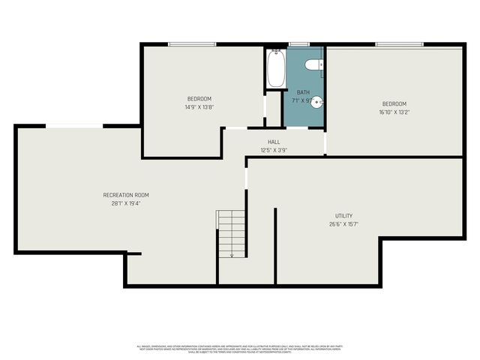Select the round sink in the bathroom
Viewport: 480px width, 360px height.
tap(317, 101)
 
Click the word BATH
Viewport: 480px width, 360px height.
tap(302, 92)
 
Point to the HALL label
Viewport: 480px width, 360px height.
tap(274, 142)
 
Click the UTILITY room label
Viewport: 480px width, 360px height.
tap(343, 216)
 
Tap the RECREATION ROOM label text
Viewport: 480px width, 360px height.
tap(121, 195)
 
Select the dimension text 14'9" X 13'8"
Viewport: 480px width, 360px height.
tap(199, 106)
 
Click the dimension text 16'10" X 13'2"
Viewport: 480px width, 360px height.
tap(394, 112)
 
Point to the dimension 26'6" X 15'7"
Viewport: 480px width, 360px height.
tap(343, 223)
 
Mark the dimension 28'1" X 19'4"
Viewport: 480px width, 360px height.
tap(121, 202)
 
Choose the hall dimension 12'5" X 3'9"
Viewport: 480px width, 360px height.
tap(274, 149)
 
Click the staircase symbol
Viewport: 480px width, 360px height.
tap(232, 233)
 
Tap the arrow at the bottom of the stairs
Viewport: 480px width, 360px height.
tap(232, 254)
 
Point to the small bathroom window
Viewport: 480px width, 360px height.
tap(298, 44)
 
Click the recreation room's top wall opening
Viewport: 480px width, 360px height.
tap(74, 125)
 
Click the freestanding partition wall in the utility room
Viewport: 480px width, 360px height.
tap(275, 246)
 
